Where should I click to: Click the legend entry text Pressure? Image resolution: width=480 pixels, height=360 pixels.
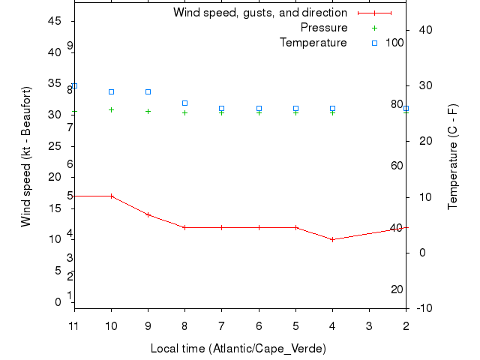click(x=323, y=28)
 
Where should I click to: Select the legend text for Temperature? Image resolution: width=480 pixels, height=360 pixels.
click(x=313, y=43)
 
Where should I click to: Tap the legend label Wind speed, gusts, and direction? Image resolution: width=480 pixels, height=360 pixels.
click(x=259, y=13)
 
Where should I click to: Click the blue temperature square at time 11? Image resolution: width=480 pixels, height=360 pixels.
click(x=74, y=86)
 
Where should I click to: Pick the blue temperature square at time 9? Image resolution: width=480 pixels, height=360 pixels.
click(x=148, y=91)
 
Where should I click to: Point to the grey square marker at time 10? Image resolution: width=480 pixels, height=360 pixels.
click(x=111, y=91)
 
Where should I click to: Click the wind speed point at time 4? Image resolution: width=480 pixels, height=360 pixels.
click(x=332, y=239)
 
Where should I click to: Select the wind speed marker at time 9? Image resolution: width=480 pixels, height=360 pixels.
click(x=148, y=214)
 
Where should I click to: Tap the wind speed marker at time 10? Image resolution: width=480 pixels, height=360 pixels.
click(x=111, y=196)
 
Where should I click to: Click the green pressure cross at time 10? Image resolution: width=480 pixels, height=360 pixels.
click(x=111, y=109)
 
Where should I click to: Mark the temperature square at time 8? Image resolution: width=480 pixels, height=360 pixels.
click(x=184, y=103)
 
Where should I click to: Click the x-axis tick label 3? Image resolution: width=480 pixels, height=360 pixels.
click(x=369, y=326)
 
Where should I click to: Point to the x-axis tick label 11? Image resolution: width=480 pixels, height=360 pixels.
click(x=74, y=326)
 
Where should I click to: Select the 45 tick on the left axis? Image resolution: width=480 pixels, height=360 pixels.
click(x=54, y=21)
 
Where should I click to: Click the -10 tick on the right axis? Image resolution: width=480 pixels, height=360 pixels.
click(x=422, y=307)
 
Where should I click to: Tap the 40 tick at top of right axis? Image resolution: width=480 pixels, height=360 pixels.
click(x=422, y=30)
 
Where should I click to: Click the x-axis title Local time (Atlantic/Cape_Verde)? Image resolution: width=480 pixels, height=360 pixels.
click(x=238, y=349)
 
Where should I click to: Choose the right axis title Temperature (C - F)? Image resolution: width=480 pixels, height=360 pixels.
click(x=453, y=156)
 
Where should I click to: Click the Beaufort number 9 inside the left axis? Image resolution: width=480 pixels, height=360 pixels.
click(x=70, y=46)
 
